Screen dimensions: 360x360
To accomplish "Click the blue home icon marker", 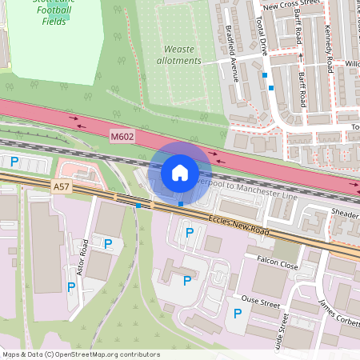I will click(180, 172).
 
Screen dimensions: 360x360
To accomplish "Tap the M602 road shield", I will click(122, 137).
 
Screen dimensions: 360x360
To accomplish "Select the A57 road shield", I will click(61, 186).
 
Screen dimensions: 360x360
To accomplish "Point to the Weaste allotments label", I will click(177, 54).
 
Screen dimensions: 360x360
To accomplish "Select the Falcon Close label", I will click(277, 262).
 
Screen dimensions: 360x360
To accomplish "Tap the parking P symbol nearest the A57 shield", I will click(14, 161).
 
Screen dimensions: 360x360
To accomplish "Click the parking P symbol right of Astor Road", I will click(108, 243).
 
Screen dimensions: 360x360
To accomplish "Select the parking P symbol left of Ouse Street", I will click(237, 313).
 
